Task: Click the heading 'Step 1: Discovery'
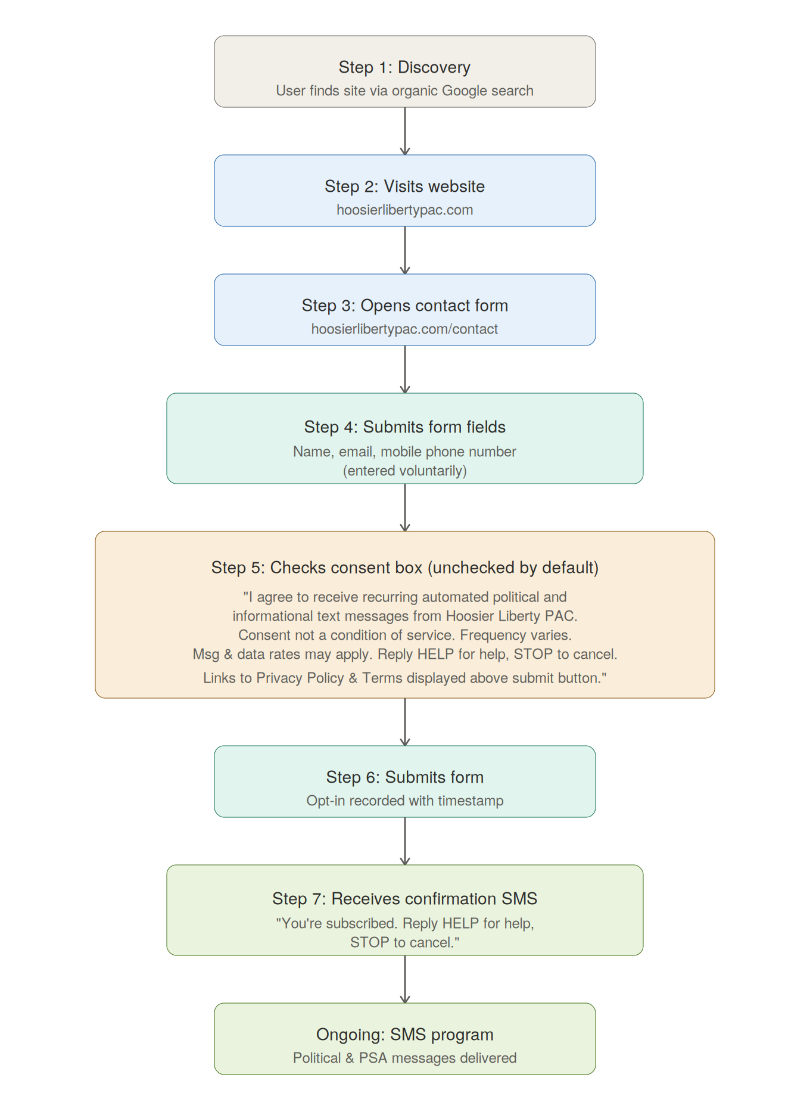pyautogui.click(x=404, y=67)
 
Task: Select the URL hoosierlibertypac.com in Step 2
pyautogui.click(x=404, y=210)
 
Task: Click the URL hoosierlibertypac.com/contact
pyautogui.click(x=404, y=329)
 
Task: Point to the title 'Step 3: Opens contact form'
pyautogui.click(x=404, y=306)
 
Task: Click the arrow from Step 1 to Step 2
pyautogui.click(x=405, y=131)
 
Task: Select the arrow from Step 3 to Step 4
pyautogui.click(x=405, y=369)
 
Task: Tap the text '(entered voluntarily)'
pyautogui.click(x=404, y=471)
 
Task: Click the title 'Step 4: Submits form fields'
pyautogui.click(x=404, y=427)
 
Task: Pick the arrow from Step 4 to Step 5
pyautogui.click(x=405, y=507)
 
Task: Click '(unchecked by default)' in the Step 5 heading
pyautogui.click(x=513, y=568)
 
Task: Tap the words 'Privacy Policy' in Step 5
pyautogui.click(x=300, y=678)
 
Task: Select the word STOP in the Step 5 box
pyautogui.click(x=533, y=655)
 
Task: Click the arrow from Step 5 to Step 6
pyautogui.click(x=405, y=722)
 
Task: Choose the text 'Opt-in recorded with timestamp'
pyautogui.click(x=404, y=801)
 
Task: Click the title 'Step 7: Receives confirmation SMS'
pyautogui.click(x=404, y=899)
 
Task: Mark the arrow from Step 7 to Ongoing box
pyautogui.click(x=405, y=979)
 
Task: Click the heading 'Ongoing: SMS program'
pyautogui.click(x=404, y=1035)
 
